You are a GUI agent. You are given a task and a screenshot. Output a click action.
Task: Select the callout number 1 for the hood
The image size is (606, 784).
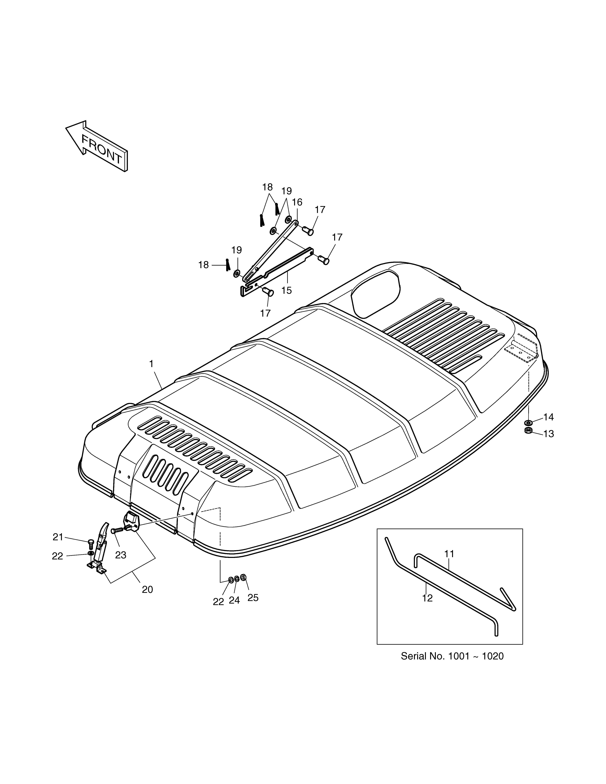click(x=151, y=364)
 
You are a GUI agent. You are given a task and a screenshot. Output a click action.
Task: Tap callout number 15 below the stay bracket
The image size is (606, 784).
click(x=286, y=290)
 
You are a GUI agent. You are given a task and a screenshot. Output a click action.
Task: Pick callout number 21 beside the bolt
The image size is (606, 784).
click(x=58, y=537)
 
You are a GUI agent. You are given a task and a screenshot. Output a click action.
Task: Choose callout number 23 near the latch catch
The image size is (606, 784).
click(x=121, y=555)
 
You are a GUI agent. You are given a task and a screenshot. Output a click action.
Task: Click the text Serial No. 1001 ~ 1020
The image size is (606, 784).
click(x=452, y=656)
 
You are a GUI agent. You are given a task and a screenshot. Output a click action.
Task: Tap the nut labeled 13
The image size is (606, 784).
click(x=528, y=430)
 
